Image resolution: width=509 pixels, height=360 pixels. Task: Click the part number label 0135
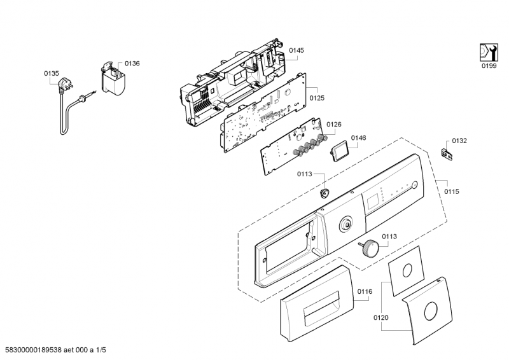[52, 74]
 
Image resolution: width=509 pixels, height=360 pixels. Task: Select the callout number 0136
[132, 64]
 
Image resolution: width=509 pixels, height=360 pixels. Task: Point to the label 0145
[296, 50]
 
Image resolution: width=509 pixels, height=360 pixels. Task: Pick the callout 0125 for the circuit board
[317, 98]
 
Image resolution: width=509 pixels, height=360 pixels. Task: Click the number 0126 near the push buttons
[333, 124]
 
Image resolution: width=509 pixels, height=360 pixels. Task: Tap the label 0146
[358, 138]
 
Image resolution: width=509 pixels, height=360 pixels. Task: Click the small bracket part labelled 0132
[447, 155]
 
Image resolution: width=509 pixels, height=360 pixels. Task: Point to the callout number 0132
[459, 141]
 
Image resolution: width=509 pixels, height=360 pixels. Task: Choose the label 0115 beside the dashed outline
[452, 191]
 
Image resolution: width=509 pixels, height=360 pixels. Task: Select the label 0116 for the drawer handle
[365, 291]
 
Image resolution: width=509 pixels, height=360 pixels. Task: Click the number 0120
[380, 317]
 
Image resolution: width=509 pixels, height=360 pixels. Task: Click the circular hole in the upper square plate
[407, 270]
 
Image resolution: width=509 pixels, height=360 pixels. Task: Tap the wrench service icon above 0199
[489, 52]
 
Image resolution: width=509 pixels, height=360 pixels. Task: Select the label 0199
[489, 66]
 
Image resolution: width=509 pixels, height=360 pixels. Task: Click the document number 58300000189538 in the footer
[34, 350]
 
